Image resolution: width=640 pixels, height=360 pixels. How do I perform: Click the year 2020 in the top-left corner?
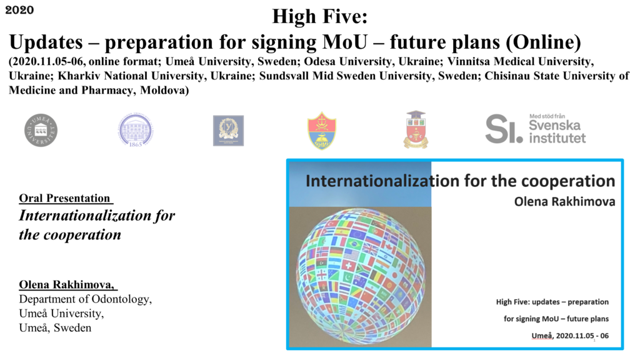tap(19, 10)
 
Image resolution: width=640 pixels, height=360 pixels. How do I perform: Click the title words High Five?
tap(319, 17)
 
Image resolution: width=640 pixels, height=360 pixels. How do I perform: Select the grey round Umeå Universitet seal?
tap(41, 130)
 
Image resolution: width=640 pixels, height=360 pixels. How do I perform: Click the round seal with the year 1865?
tap(136, 130)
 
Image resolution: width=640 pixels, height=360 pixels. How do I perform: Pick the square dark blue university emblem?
tap(228, 131)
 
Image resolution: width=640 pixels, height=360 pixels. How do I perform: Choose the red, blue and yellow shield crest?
tap(322, 131)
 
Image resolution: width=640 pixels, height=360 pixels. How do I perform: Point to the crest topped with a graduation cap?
tap(416, 129)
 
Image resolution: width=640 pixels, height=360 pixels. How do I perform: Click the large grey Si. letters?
tap(504, 129)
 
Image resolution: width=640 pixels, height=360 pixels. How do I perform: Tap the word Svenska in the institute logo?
tap(554, 125)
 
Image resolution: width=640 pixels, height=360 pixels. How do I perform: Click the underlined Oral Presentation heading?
tap(66, 198)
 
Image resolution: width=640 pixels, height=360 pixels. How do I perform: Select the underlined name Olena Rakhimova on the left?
tap(67, 284)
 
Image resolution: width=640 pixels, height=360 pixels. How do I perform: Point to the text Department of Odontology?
tap(85, 299)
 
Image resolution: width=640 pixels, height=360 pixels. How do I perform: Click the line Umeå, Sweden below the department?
tap(55, 327)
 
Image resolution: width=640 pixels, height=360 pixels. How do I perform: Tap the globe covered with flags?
tap(361, 277)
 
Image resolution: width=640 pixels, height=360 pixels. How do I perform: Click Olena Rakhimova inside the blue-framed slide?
tap(564, 202)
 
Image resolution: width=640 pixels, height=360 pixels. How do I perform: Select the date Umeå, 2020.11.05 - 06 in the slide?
tap(570, 336)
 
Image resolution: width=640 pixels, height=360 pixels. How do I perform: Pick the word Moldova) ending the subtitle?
tap(164, 90)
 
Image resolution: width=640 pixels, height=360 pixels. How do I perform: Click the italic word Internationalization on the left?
tap(85, 215)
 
